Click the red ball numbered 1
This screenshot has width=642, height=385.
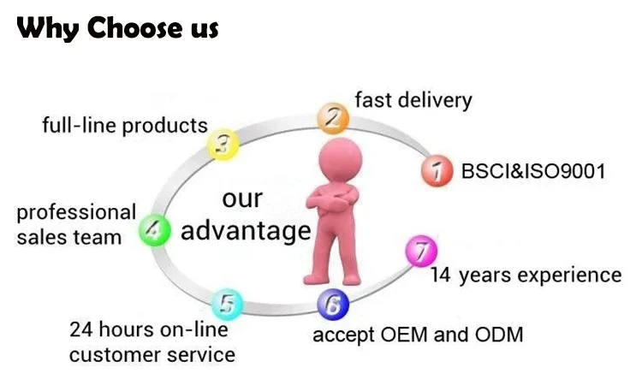tap(437, 171)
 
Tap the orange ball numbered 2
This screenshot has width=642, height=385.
tap(331, 117)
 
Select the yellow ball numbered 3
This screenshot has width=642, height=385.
tap(224, 144)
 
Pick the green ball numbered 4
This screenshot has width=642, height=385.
tap(155, 229)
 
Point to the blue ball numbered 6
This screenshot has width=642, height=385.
tap(332, 303)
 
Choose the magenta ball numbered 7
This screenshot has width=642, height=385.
tap(419, 252)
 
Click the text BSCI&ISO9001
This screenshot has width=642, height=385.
tap(533, 171)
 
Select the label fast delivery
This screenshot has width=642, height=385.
tap(413, 100)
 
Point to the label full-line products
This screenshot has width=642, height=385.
tap(125, 126)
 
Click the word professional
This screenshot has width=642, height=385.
tap(76, 212)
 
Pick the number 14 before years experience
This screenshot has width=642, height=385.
tap(441, 275)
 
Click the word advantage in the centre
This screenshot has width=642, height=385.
tap(246, 231)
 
